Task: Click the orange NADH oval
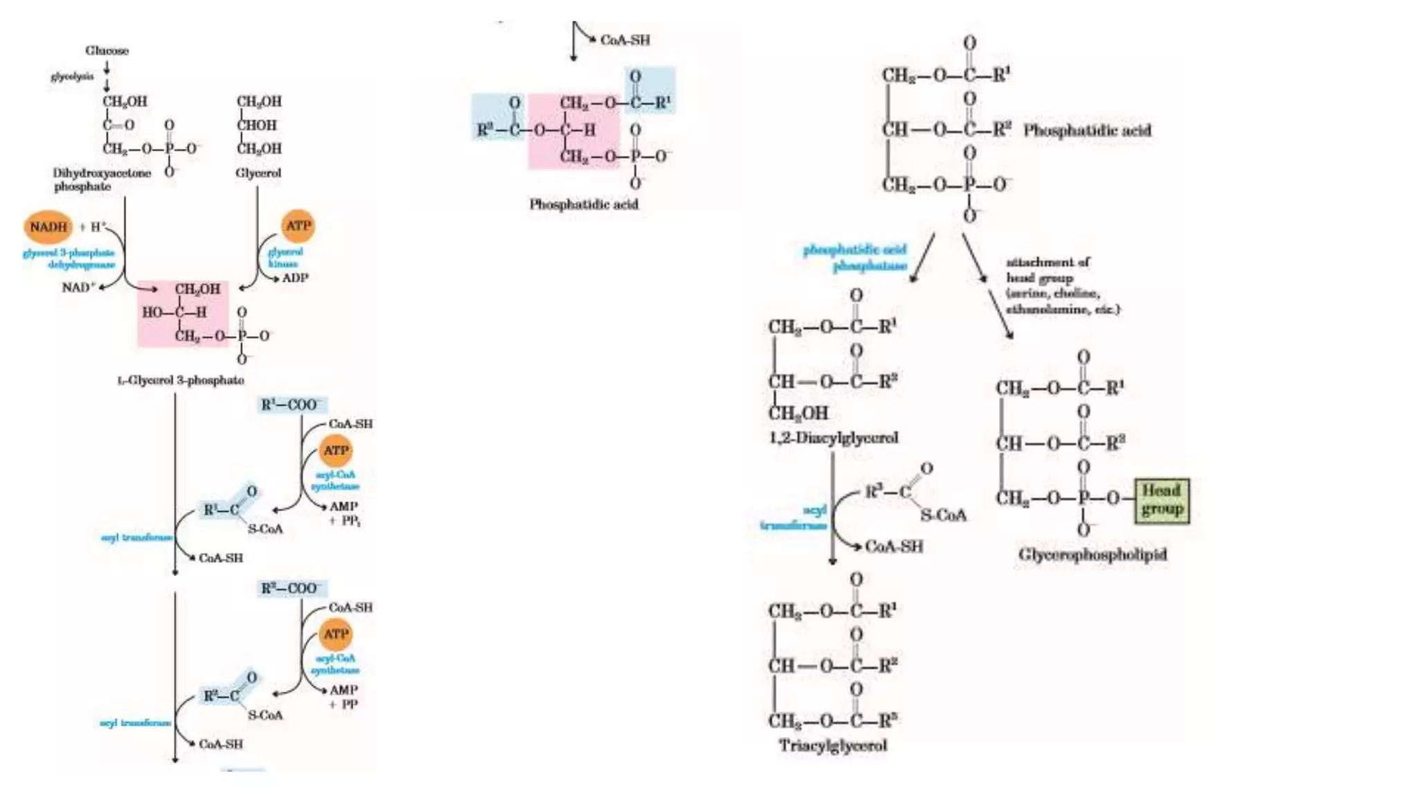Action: click(x=48, y=227)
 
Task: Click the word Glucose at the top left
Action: click(x=107, y=51)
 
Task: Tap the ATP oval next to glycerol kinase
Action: click(x=298, y=226)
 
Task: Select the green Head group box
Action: click(x=1162, y=500)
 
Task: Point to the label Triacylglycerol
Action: click(x=833, y=746)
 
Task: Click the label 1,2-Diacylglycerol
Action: click(x=833, y=438)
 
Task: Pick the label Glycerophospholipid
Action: click(x=1093, y=554)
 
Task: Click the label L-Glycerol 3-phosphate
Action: click(x=180, y=380)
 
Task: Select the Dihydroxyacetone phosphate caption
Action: click(x=101, y=179)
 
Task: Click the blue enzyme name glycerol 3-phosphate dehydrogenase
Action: click(x=69, y=259)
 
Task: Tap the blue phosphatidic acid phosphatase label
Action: click(x=855, y=257)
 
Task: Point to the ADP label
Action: click(x=296, y=278)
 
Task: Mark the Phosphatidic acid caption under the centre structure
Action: click(x=584, y=204)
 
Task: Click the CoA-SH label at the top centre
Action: click(x=625, y=40)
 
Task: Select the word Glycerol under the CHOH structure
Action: click(x=258, y=172)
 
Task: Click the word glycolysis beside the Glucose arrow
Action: click(x=72, y=76)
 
